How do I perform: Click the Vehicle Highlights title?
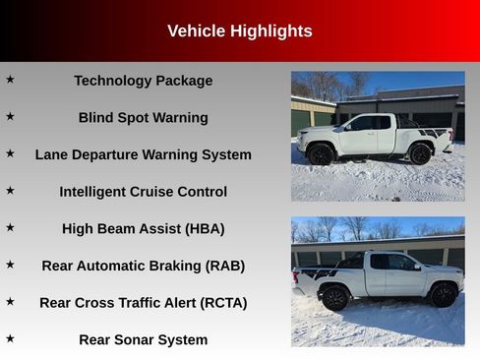(x=239, y=31)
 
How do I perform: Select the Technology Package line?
(x=143, y=81)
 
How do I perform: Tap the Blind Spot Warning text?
(x=143, y=118)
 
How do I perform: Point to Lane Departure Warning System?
(x=143, y=154)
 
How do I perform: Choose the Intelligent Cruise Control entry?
(x=143, y=192)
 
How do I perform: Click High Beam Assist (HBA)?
(x=143, y=229)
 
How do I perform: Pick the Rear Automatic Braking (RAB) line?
(x=143, y=266)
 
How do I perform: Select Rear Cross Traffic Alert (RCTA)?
(x=143, y=303)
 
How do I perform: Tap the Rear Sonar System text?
(x=143, y=340)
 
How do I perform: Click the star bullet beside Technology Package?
(x=10, y=79)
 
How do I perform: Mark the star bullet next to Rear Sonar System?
(x=10, y=338)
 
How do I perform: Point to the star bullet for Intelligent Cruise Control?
(x=10, y=190)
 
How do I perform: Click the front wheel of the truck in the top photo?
(x=321, y=154)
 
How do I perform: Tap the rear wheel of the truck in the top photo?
(x=420, y=153)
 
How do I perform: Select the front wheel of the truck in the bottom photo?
(x=444, y=295)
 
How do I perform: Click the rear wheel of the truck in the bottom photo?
(x=335, y=297)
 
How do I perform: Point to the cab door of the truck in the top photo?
(x=365, y=136)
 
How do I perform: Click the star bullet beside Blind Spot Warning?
(x=10, y=116)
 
